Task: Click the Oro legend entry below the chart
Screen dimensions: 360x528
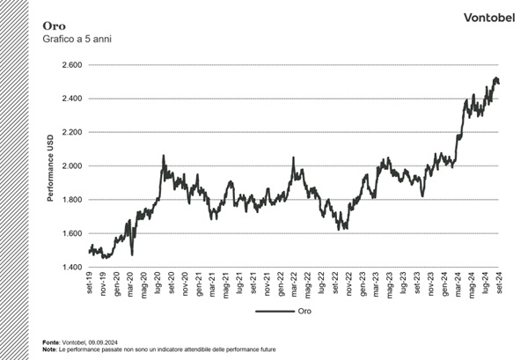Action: click(x=303, y=311)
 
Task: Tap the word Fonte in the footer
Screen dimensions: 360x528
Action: click(x=49, y=342)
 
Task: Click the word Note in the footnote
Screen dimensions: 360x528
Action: click(x=48, y=349)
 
